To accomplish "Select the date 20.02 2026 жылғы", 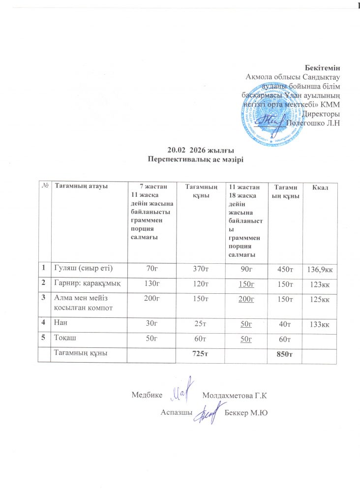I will pos(196,150).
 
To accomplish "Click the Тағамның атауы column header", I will pos(82,186).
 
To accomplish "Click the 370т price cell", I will pos(197,268).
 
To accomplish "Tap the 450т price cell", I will pos(282,269).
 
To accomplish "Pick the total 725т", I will pos(197,353).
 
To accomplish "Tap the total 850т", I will pos(282,354).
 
